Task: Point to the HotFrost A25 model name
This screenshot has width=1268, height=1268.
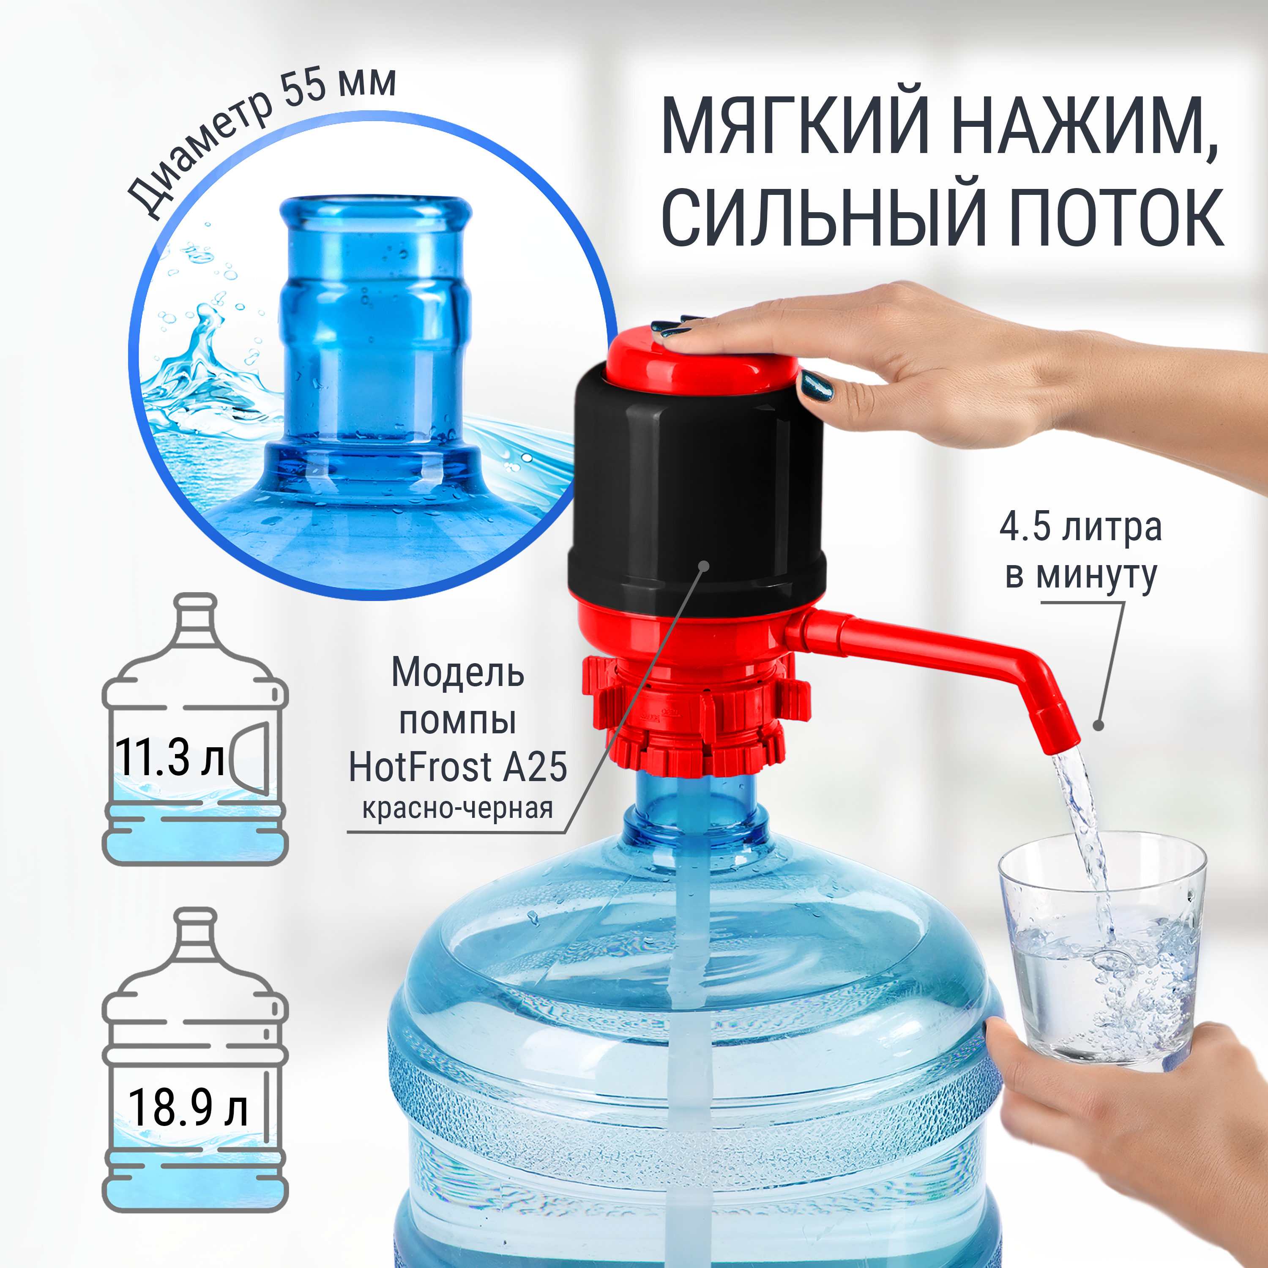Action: coord(457,767)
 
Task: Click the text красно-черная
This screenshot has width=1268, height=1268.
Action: coord(457,809)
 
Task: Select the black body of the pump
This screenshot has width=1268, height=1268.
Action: coord(697,486)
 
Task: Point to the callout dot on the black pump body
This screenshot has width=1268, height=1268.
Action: coord(704,566)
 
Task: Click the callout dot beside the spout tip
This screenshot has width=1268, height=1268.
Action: coord(1098,725)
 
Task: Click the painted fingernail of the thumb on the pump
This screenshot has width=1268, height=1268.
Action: coord(816,386)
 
